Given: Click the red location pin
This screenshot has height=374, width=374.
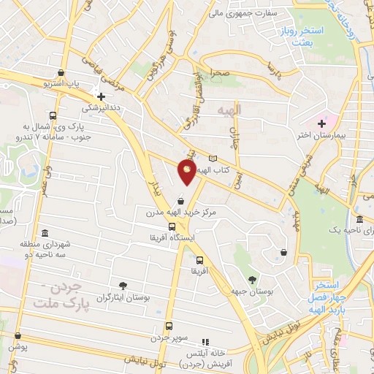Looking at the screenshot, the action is tap(187, 172).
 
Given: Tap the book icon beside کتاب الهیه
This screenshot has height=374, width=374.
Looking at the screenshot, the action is tap(213, 159).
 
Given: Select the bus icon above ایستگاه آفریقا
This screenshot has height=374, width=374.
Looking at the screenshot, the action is tap(172, 227).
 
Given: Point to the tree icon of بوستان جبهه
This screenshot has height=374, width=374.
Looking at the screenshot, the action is tap(252, 279).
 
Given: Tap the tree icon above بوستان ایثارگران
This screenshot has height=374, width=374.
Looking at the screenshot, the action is tap(122, 286).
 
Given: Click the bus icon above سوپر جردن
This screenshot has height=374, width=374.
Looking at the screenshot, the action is tap(169, 327).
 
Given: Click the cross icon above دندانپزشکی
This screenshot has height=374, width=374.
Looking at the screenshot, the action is tap(102, 96).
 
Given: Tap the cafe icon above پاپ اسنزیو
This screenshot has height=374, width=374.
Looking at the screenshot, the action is tap(61, 74).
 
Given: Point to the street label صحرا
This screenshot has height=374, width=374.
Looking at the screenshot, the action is tap(221, 74).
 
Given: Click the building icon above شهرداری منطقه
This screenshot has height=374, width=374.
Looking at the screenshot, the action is tap(45, 233).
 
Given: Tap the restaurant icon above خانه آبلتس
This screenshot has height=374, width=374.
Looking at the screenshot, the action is tap(206, 341).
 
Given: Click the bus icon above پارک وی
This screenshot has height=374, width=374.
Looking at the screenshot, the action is tap(53, 115).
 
